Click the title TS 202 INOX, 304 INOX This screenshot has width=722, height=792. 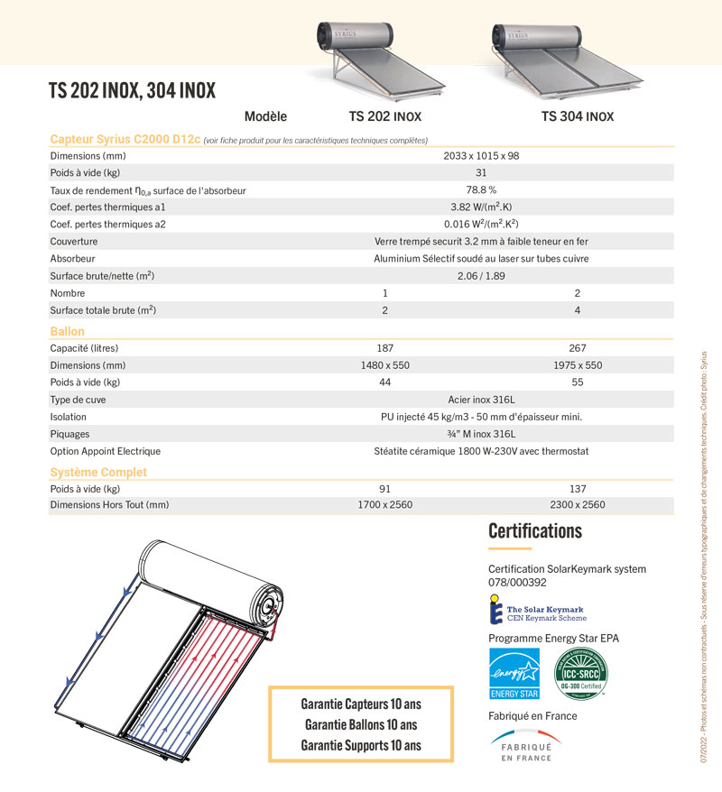132,91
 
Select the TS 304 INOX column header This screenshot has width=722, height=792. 577,117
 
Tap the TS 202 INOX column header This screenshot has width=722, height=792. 384,117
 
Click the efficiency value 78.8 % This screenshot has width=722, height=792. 481,190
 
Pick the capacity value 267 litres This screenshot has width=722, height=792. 578,348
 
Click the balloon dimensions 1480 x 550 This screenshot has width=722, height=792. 385,365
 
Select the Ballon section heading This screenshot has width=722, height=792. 67,332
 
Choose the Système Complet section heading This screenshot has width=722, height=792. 98,472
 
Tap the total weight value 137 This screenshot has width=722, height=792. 578,488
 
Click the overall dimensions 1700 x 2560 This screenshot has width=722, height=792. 385,505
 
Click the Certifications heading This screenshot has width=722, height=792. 535,530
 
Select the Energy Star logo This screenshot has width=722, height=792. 514,673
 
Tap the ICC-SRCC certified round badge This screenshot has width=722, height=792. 581,672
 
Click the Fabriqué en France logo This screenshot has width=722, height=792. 526,745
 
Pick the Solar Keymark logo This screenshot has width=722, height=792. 537,613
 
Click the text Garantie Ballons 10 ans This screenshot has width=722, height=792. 361,724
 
